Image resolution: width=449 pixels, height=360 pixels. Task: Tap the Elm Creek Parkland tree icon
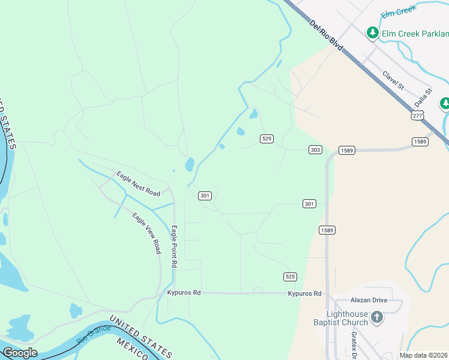pos(373,32)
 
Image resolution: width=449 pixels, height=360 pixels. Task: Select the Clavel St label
pos(393,81)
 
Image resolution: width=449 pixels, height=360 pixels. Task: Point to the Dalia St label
pos(423,98)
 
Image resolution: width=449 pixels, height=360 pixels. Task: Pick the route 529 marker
pos(267,139)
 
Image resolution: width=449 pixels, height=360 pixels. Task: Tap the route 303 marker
pos(315,149)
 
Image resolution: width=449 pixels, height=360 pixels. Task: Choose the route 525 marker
pos(290,276)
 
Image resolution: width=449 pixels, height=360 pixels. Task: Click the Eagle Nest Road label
pos(139,184)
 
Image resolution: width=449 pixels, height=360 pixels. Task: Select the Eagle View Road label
pos(147,233)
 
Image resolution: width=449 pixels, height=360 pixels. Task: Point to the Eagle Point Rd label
pos(174,246)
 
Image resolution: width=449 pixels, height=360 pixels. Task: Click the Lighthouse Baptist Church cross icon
pos(376,317)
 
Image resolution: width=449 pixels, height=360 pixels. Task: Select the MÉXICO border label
pos(133,350)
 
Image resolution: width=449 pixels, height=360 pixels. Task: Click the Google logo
pos(20,353)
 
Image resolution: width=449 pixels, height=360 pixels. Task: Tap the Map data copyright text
pos(423,355)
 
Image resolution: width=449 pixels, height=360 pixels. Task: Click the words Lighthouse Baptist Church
pos(347,318)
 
